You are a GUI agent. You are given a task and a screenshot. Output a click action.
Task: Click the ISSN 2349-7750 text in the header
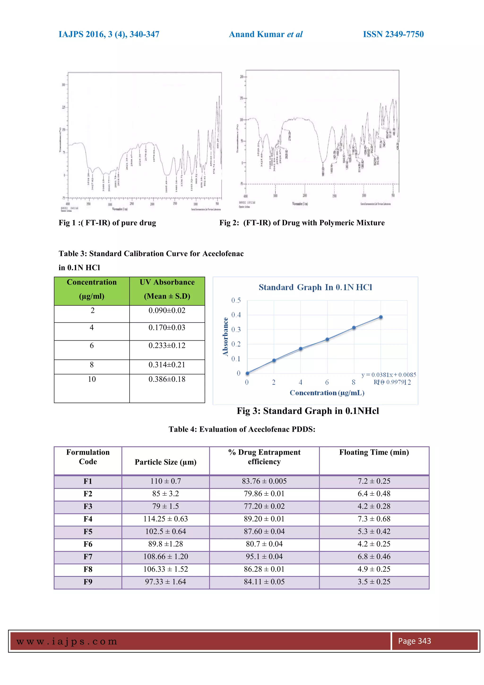click(393, 34)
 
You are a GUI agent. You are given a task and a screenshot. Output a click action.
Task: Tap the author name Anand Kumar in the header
click(257, 34)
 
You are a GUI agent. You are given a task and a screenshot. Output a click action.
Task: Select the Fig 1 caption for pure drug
click(107, 223)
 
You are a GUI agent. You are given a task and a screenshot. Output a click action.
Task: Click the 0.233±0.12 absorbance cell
click(167, 346)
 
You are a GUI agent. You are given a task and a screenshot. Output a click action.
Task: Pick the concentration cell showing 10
click(92, 379)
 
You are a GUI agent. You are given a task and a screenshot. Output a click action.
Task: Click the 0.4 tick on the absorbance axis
click(236, 315)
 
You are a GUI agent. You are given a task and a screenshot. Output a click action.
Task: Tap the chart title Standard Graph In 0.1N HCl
click(315, 287)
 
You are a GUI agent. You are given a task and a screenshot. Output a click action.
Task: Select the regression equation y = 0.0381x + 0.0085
click(389, 375)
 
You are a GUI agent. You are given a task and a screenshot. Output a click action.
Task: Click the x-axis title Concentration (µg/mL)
click(327, 393)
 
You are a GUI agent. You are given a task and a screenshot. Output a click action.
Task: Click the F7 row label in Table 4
click(88, 557)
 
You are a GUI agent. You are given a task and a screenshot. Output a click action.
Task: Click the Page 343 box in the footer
click(414, 641)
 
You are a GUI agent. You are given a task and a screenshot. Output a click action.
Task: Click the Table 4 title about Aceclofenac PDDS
click(242, 429)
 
